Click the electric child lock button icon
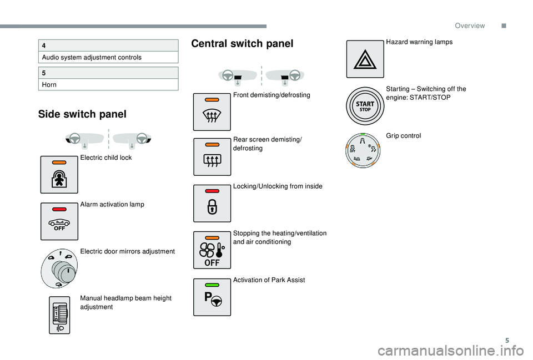59,175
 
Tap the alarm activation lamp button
59,221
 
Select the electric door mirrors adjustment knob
59,268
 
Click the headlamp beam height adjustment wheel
59,315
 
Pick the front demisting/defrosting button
212,112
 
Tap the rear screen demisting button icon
212,158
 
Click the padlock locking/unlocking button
212,204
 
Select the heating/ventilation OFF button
212,250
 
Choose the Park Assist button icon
212,297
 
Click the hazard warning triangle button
365,59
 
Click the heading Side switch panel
82,114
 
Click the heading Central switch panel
242,44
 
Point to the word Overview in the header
469,26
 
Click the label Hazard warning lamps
419,42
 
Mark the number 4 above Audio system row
43,45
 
